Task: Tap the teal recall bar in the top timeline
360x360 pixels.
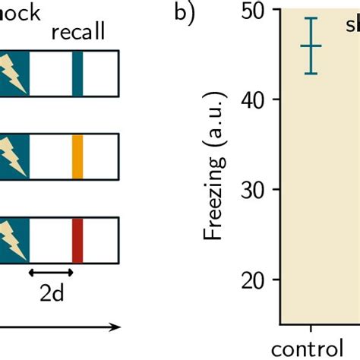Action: [x=77, y=73]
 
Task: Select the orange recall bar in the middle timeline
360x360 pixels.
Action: [x=77, y=156]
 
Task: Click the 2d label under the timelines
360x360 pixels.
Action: [x=51, y=295]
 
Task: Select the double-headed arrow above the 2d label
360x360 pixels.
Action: [x=51, y=271]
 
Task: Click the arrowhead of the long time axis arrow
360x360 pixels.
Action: [x=116, y=327]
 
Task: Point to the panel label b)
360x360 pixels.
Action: [x=185, y=15]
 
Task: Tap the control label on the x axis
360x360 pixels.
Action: [x=311, y=350]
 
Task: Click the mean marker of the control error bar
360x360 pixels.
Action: [x=311, y=46]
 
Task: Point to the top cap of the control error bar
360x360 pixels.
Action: [x=311, y=18]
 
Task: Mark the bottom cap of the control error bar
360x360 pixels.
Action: [x=311, y=74]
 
